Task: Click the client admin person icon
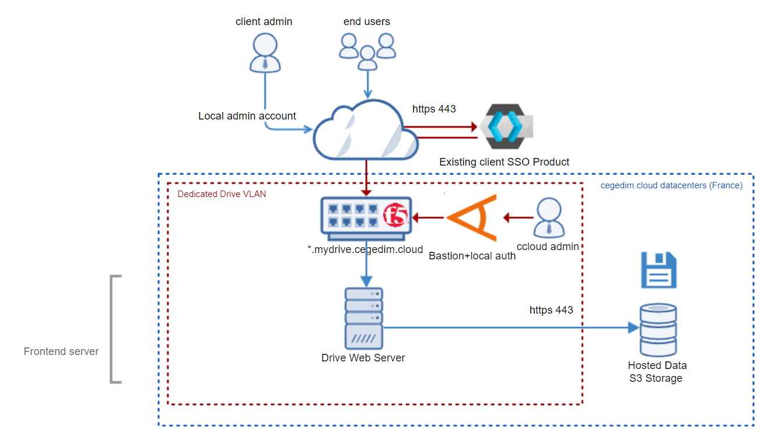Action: (264, 53)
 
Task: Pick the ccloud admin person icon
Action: (548, 218)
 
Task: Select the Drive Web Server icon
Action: (363, 317)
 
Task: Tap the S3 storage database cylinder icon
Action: (657, 330)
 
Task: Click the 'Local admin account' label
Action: (247, 116)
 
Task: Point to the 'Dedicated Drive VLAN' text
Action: (222, 194)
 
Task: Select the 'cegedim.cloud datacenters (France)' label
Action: (671, 186)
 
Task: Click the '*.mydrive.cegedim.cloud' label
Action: (365, 250)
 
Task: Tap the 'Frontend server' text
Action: (61, 351)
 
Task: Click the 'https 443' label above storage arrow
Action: (551, 310)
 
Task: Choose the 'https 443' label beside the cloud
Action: (434, 108)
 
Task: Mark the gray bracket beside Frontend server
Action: (115, 329)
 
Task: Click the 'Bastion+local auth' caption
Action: (472, 255)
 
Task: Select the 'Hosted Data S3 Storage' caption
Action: (657, 372)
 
